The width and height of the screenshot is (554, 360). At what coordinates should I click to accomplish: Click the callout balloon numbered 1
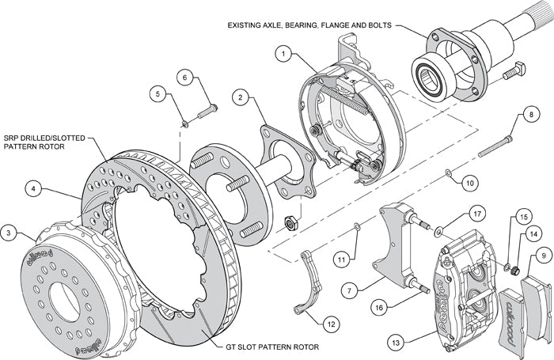click(x=283, y=54)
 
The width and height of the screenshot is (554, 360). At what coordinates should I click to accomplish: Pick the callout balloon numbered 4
click(x=32, y=188)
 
